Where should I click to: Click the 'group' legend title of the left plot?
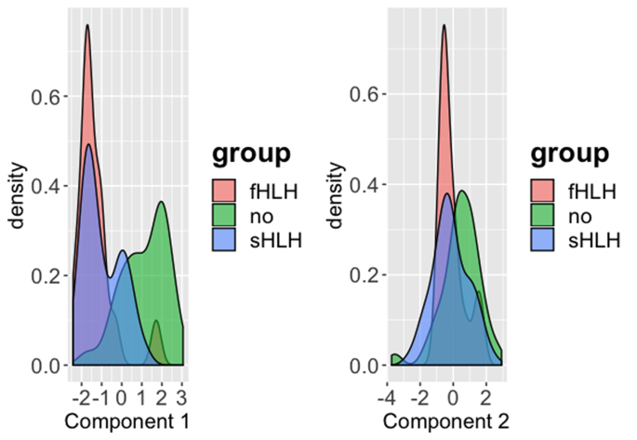tap(251, 153)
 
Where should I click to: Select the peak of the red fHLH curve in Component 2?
tap(444, 25)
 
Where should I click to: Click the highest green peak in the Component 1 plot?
tap(163, 202)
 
